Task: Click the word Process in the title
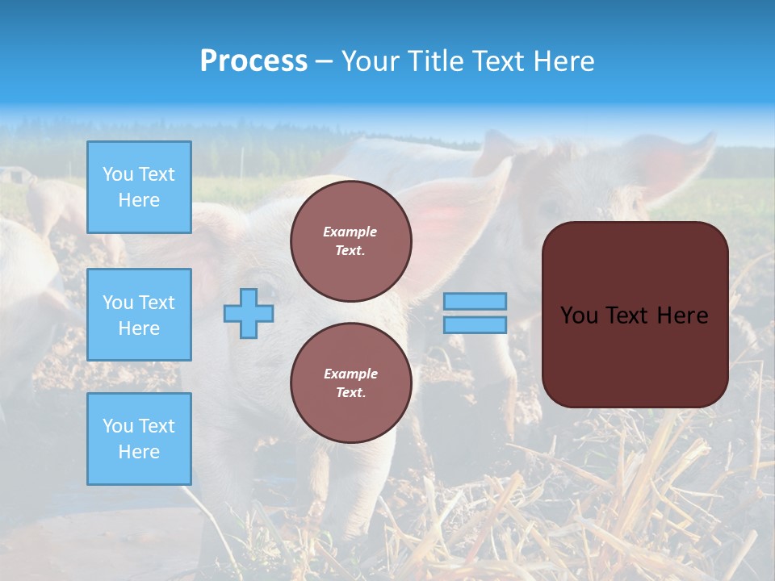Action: click(253, 61)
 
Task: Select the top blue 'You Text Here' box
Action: click(139, 187)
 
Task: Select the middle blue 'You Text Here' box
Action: click(139, 315)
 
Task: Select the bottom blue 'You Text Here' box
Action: click(139, 439)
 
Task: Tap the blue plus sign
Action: click(249, 314)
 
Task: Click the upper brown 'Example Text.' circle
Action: click(350, 240)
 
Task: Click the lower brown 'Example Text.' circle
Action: click(350, 382)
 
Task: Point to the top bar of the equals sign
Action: click(475, 301)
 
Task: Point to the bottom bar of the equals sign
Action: click(475, 325)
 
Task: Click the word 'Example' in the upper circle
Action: click(350, 232)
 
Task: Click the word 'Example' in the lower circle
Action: click(350, 374)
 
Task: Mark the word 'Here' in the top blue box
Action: click(139, 200)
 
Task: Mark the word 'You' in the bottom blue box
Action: click(117, 426)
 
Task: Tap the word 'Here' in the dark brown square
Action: click(683, 316)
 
